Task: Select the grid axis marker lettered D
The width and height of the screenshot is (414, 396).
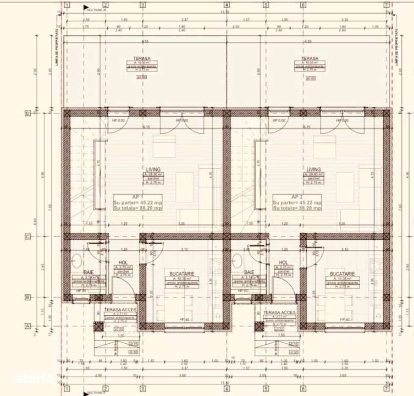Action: click(x=58, y=114)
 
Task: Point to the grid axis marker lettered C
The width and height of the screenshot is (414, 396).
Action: click(x=58, y=237)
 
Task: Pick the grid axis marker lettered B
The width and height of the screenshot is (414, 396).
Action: click(x=58, y=298)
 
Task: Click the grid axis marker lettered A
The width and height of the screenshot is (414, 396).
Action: click(x=58, y=326)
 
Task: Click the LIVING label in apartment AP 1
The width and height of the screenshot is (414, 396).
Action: click(x=153, y=169)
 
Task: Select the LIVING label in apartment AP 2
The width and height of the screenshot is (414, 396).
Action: click(x=313, y=169)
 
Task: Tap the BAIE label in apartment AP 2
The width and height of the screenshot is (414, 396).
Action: click(x=249, y=272)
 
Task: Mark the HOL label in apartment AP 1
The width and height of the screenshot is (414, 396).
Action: click(x=123, y=263)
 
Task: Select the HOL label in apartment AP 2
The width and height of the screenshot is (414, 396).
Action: click(x=284, y=263)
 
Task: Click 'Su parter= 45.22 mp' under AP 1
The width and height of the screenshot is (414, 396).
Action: click(x=137, y=202)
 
